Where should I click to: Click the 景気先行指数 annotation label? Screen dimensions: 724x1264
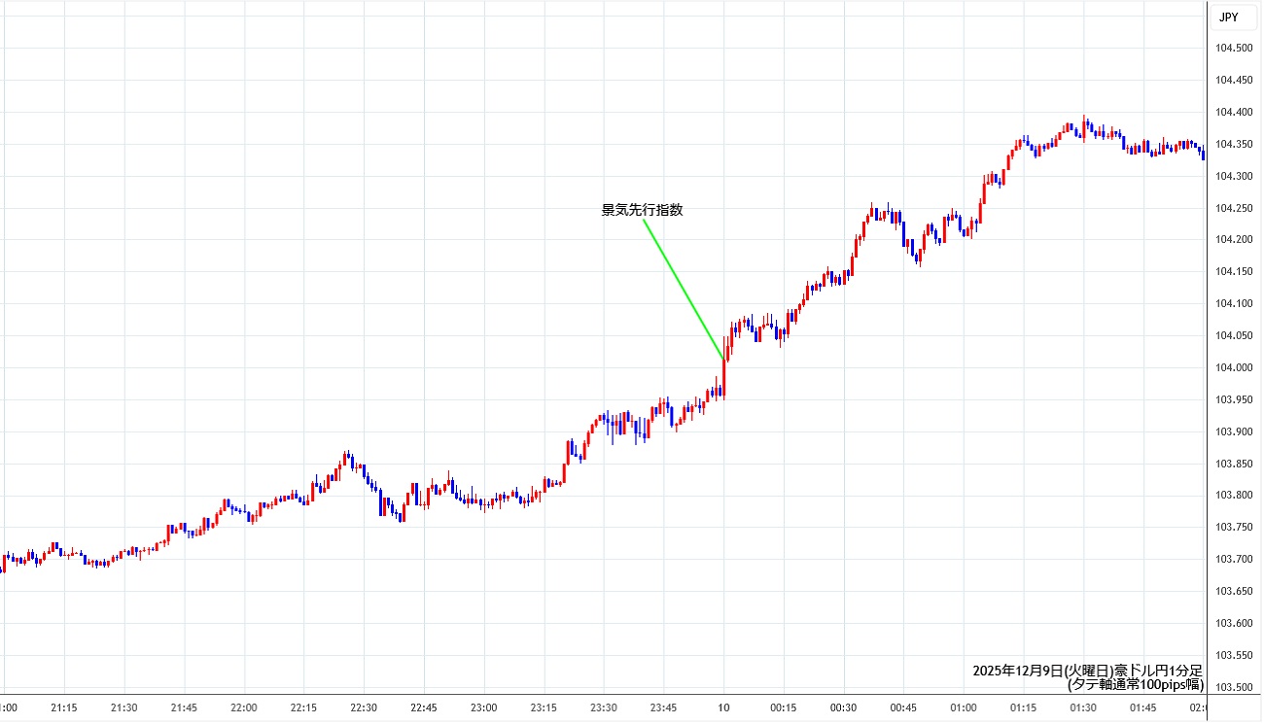point(643,210)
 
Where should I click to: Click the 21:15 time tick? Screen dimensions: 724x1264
point(64,707)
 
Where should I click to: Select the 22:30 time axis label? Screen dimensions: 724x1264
point(364,707)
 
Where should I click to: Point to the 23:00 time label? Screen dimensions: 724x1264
point(483,707)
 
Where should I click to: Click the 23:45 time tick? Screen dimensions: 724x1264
point(663,707)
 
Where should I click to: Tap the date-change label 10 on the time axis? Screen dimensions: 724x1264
point(723,707)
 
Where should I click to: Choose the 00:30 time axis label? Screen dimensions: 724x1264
point(843,707)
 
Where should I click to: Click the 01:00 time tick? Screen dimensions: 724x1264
point(963,707)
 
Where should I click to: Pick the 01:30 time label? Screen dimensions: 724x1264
point(1083,707)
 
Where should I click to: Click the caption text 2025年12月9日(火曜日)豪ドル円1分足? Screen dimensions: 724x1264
point(1088,672)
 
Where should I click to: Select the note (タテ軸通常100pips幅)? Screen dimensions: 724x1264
point(1135,684)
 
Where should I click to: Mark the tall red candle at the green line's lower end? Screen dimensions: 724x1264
point(724,379)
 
